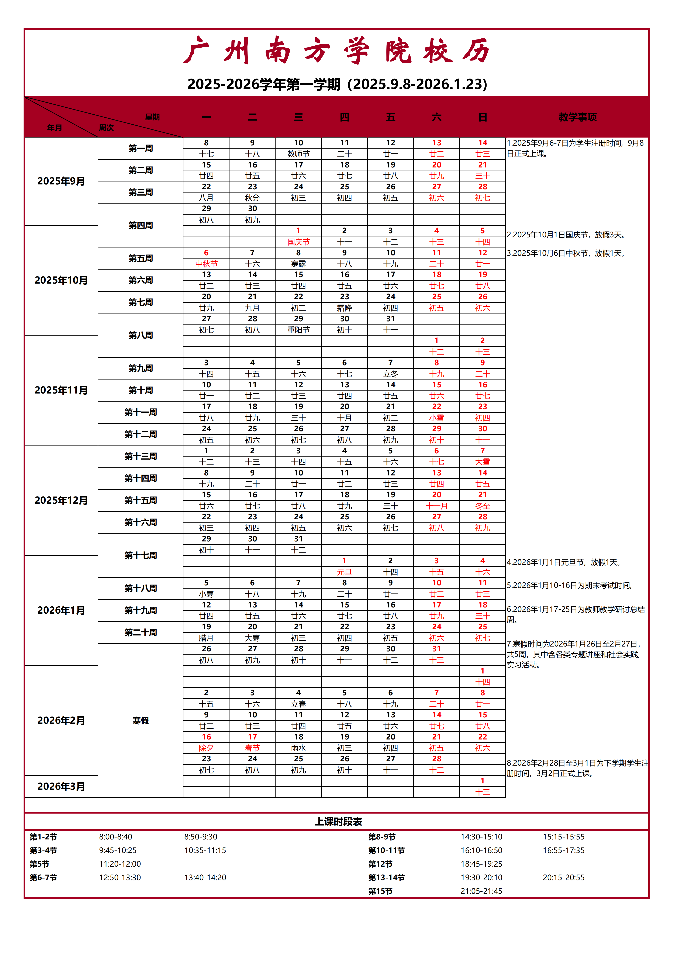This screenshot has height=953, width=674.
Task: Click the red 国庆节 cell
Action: pos(298,242)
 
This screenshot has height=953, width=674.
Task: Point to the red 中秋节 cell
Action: pos(206,264)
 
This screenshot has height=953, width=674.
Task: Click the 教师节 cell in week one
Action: pos(298,154)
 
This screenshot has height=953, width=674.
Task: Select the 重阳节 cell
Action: pos(298,330)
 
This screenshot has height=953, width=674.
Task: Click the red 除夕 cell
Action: pos(206,748)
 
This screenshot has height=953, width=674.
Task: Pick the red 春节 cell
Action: pos(252,748)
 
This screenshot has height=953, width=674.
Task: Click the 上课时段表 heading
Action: pos(338,821)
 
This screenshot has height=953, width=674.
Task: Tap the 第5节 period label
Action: pos(39,864)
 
